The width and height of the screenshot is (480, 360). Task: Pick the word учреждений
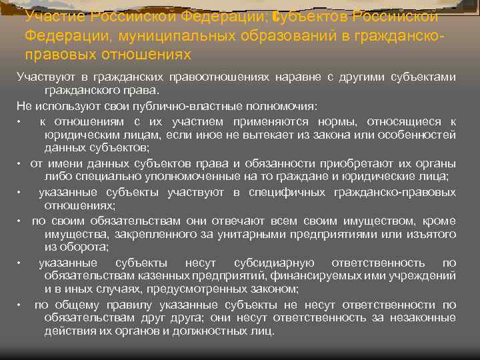click(421, 276)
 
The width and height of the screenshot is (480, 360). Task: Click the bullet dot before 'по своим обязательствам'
click(21, 221)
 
